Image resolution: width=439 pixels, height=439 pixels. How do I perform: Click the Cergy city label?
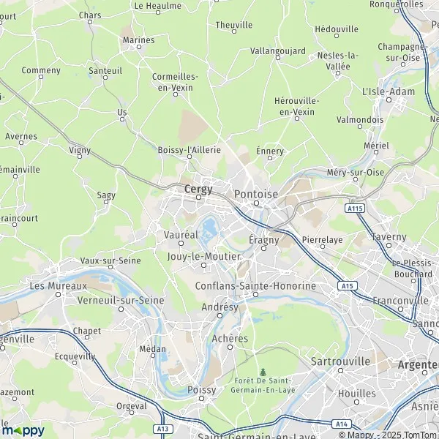[198, 190]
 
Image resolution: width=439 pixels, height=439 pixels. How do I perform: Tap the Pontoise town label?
[256, 194]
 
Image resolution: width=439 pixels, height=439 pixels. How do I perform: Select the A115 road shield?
[356, 209]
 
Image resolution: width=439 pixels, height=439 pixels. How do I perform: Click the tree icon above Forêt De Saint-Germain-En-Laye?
[263, 372]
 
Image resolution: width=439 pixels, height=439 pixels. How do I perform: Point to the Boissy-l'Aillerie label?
[189, 149]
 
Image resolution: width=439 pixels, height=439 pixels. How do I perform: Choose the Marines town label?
[139, 40]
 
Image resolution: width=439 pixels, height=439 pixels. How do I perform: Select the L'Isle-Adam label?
[388, 91]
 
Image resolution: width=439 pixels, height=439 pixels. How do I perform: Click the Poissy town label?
[202, 390]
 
